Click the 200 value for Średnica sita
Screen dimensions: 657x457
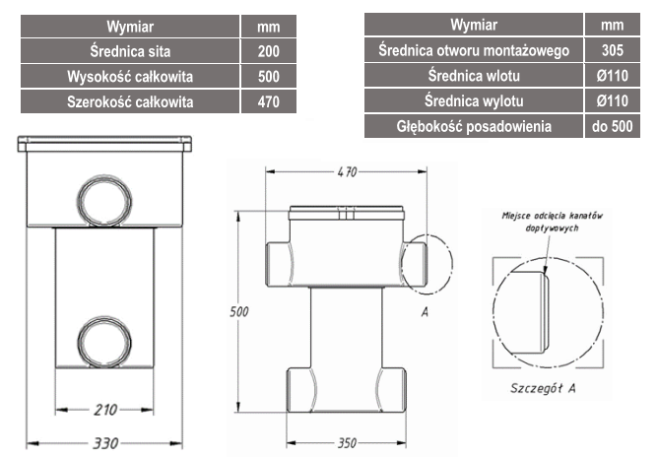pyautogui.click(x=269, y=51)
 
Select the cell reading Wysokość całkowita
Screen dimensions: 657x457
pyautogui.click(x=130, y=76)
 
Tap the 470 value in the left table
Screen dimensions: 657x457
pyautogui.click(x=269, y=101)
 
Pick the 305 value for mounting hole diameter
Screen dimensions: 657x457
pyautogui.click(x=612, y=50)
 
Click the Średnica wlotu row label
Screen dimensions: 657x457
pyautogui.click(x=474, y=76)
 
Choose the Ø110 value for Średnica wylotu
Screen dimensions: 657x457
pyautogui.click(x=612, y=100)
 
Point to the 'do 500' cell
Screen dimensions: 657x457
pyautogui.click(x=612, y=126)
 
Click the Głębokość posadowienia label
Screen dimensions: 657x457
pyautogui.click(x=474, y=126)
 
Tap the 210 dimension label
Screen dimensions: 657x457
pyautogui.click(x=105, y=410)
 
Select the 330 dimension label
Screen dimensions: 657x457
pyautogui.click(x=105, y=443)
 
